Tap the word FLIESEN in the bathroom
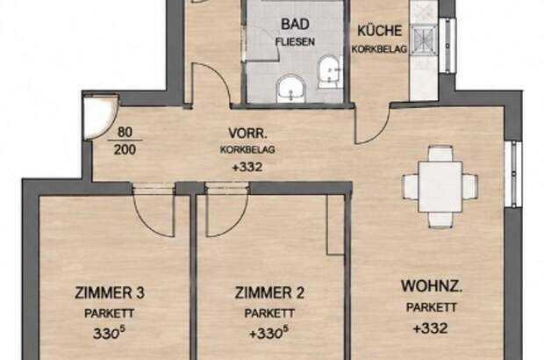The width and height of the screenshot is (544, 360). coord(295,41)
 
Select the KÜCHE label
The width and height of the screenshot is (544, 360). coord(380,31)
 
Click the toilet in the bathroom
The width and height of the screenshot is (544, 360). coord(329,71)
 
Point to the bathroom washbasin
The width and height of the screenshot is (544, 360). coord(291,89)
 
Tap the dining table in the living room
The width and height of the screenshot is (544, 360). coord(440,187)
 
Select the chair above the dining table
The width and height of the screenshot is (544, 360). coord(440,154)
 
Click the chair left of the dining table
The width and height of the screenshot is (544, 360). coord(411,187)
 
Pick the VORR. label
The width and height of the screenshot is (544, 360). coord(247,133)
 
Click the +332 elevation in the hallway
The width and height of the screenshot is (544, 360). coord(247,167)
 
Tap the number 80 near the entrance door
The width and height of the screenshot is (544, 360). coord(125,133)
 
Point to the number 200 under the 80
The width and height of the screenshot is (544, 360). coord(125,149)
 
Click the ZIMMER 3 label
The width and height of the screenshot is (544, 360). coord(110,292)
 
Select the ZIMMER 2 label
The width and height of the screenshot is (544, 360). coord(269,292)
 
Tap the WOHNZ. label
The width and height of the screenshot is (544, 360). coord(432,286)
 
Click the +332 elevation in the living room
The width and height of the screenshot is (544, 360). coord(431,328)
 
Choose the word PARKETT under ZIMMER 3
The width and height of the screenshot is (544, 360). coord(110,313)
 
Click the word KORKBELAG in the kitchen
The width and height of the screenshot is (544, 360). coord(379,49)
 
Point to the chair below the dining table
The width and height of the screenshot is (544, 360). coord(440,220)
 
